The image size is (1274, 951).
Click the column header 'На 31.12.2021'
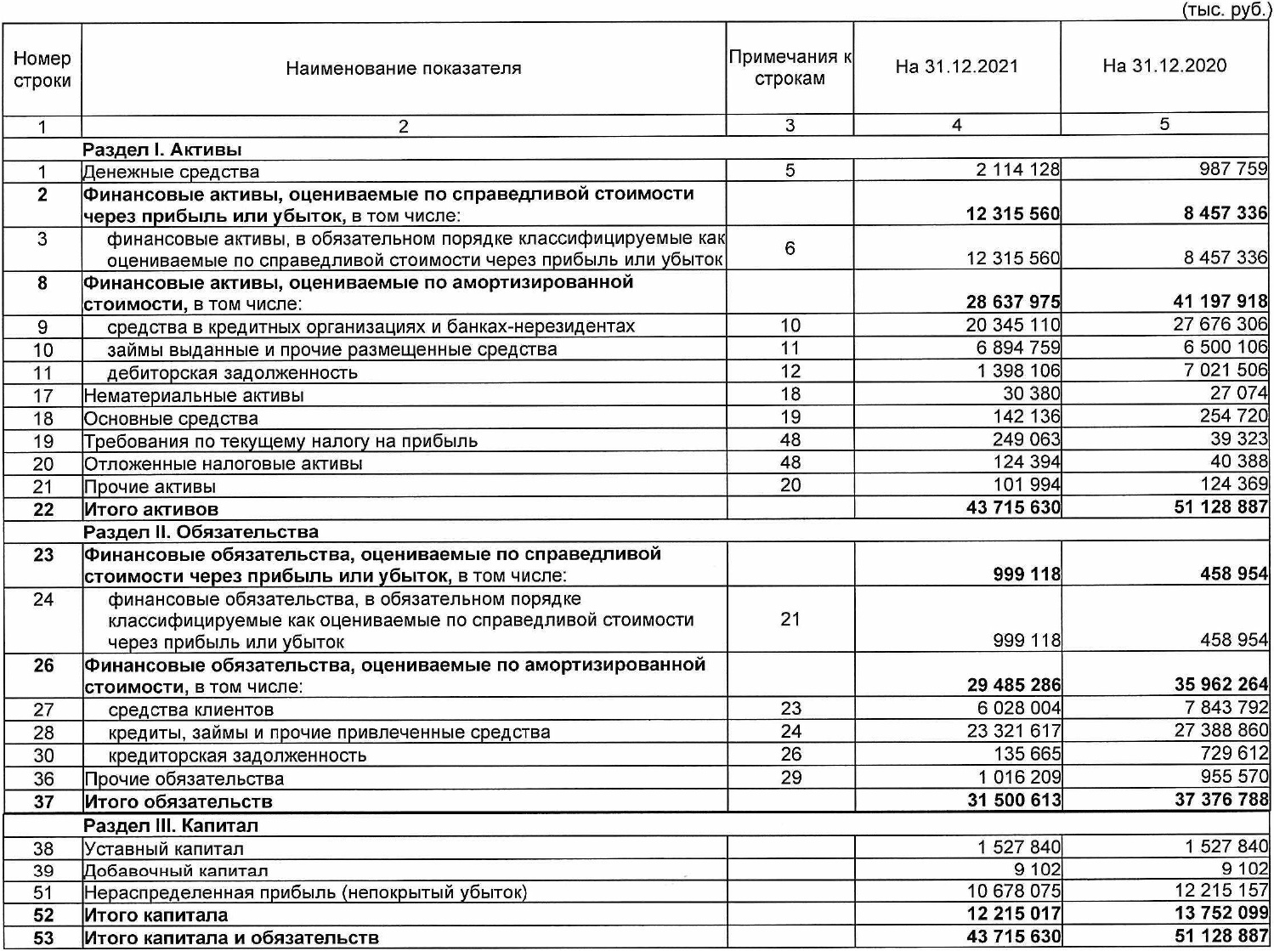coord(956,67)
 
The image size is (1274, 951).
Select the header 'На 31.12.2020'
coord(1164,66)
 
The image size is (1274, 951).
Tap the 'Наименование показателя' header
coord(403,69)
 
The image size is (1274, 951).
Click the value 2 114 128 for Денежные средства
coord(1017,169)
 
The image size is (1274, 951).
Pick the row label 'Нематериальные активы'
coord(194,396)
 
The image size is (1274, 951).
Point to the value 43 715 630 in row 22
coord(1013,508)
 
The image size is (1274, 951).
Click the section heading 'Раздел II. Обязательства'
coord(201,532)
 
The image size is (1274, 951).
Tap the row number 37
coord(43,801)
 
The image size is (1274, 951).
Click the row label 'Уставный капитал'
coord(163,848)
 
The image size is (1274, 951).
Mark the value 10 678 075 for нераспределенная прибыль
coord(1013,891)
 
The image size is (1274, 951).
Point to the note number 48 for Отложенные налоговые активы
coord(790,462)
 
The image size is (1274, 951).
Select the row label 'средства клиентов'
coord(190,710)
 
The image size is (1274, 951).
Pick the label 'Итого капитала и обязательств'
coord(231,938)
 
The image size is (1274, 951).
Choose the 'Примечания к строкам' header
coord(790,68)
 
